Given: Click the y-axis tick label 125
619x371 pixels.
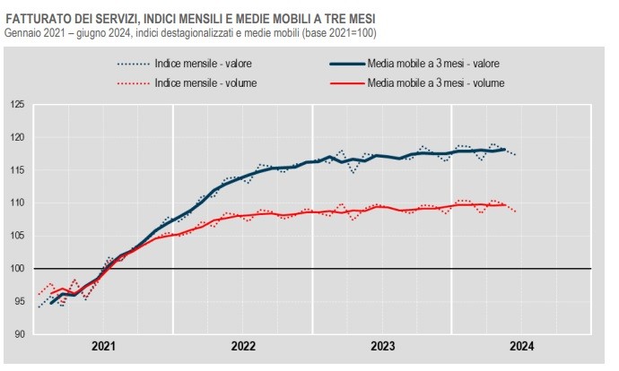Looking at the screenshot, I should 18,105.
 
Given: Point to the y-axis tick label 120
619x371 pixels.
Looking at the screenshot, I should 18,137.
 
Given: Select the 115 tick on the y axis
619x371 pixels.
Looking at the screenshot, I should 18,170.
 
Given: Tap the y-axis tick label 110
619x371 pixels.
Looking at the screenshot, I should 18,203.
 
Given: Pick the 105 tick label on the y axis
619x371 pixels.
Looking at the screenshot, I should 18,236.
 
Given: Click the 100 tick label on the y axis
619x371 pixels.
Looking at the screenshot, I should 18,269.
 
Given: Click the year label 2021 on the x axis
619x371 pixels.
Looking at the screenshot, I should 104,347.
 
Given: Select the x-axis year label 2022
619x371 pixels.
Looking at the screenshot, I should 243,347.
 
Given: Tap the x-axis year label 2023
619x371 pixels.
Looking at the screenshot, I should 383,347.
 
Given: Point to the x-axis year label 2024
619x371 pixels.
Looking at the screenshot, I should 522,347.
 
